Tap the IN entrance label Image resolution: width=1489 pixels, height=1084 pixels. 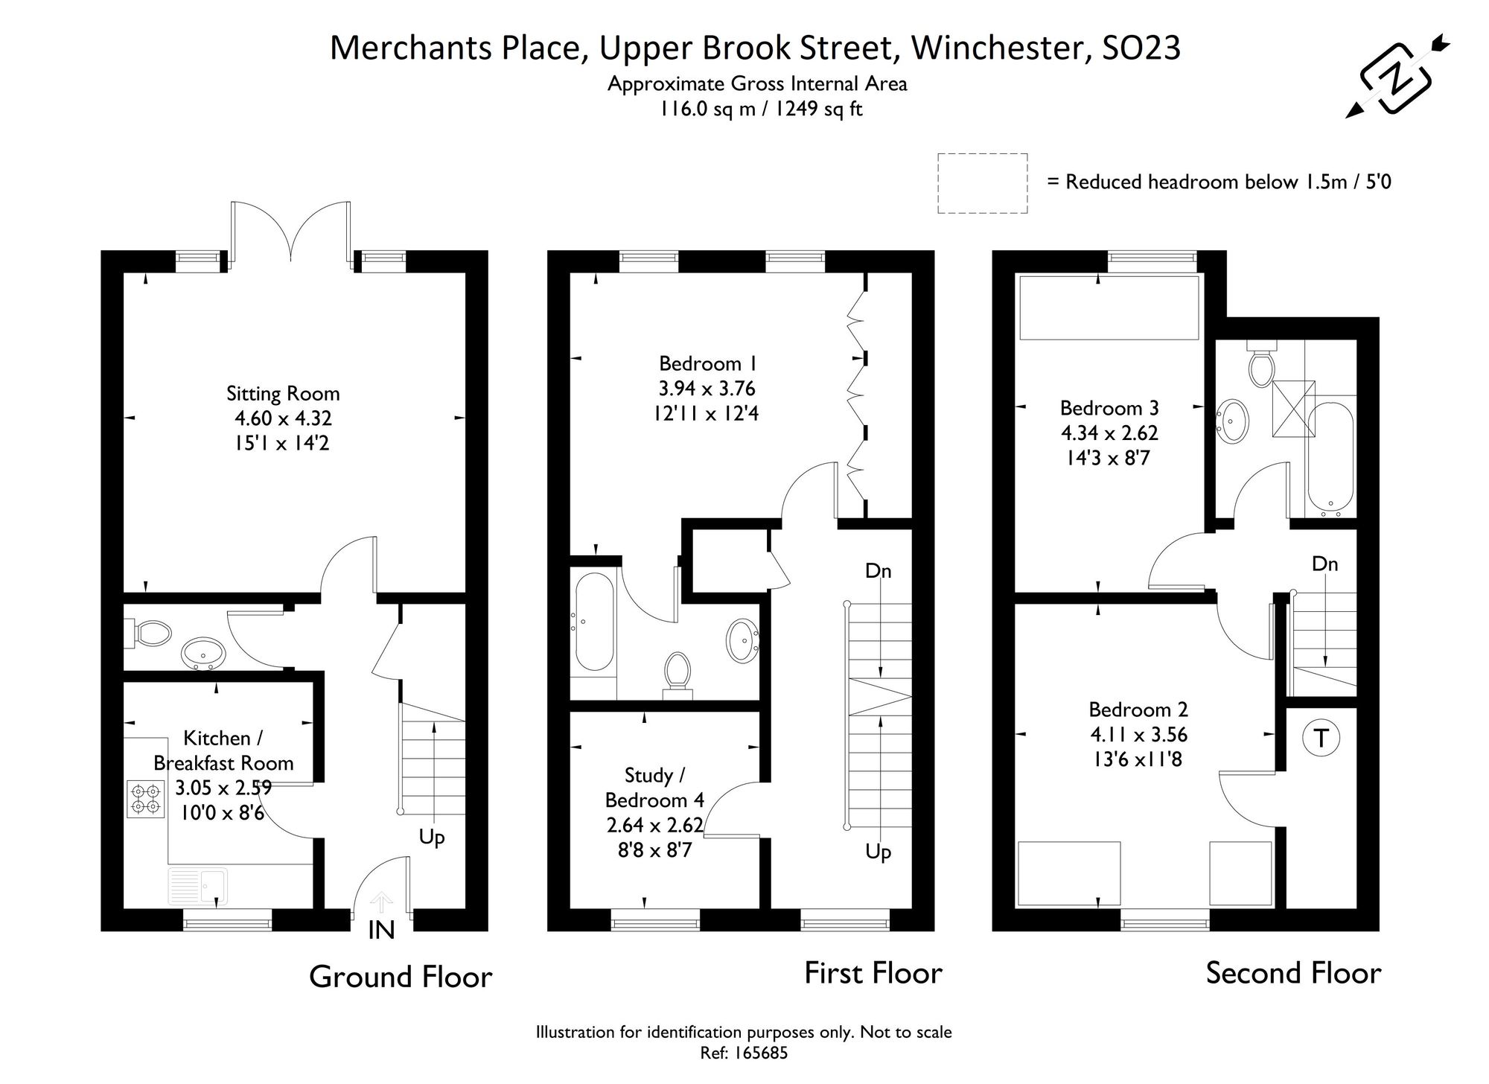coord(381,930)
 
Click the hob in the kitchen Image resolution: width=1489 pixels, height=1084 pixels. coord(145,798)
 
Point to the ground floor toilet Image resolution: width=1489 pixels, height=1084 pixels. coord(149,634)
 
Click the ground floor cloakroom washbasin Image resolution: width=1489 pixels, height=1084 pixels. coord(203,653)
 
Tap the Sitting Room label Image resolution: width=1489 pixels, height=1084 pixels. coord(283,393)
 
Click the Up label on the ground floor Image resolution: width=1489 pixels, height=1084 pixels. coord(432,837)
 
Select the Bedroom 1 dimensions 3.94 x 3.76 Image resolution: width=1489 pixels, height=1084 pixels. coord(707,389)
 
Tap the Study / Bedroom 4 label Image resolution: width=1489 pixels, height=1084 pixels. coord(654,788)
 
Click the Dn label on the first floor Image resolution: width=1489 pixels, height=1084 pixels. coord(878,571)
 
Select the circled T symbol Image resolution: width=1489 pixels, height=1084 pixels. coord(1321,739)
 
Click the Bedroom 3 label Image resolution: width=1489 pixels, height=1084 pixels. coord(1109,408)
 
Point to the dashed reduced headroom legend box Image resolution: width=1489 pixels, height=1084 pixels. coord(982,183)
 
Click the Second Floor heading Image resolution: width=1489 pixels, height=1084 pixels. coord(1293,973)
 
